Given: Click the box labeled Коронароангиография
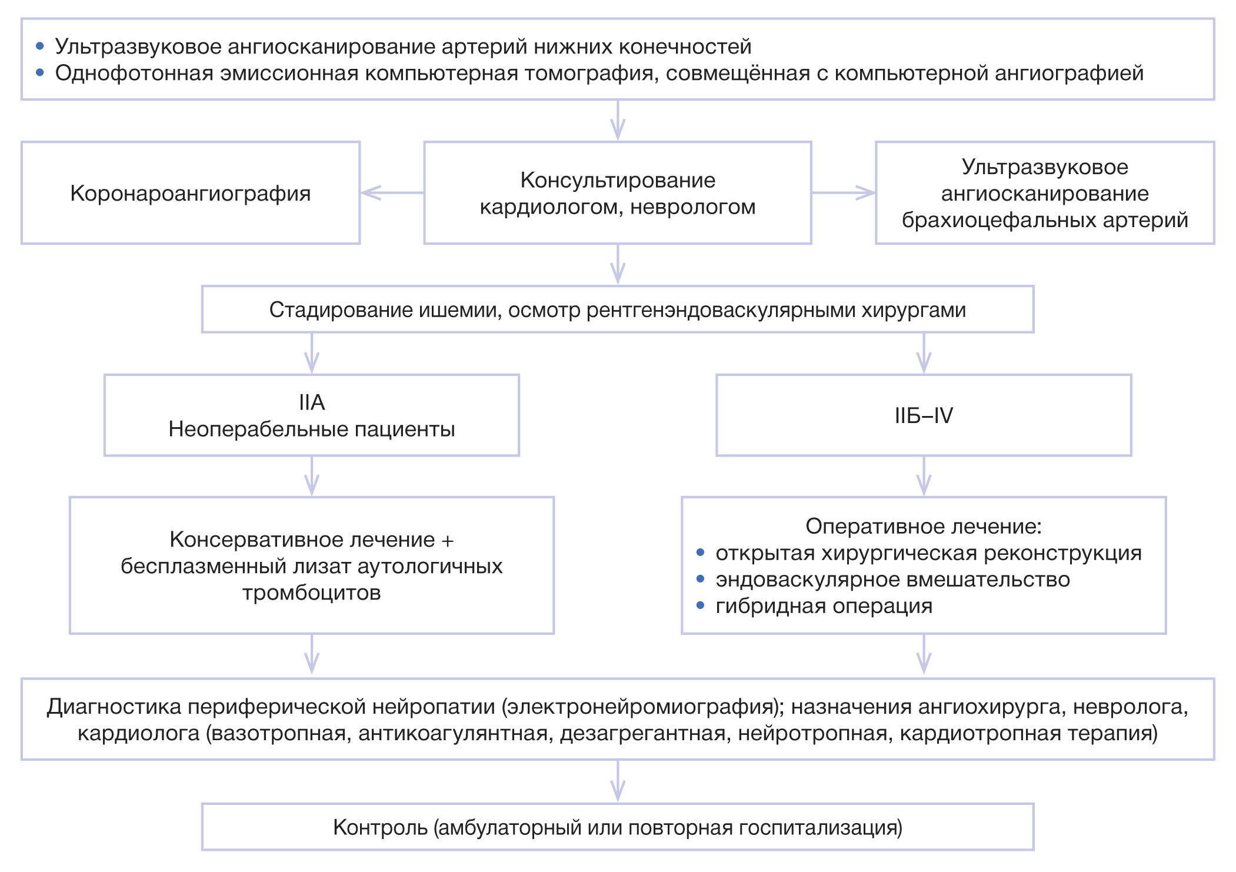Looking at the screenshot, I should click(190, 193).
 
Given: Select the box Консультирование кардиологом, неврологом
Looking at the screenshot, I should click(617, 193).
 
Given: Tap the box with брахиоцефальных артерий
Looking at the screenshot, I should click(1044, 193).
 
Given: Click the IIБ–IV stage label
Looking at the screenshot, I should click(923, 416).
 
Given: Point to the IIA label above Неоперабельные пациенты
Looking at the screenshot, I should click(311, 402).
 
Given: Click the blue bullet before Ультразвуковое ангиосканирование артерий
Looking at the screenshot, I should click(40, 46).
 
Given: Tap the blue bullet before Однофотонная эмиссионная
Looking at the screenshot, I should click(40, 73).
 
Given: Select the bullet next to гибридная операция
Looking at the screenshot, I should click(700, 605).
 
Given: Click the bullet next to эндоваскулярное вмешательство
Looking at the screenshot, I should click(700, 579).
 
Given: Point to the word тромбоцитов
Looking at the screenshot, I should click(311, 593).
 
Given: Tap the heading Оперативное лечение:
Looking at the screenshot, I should click(923, 526).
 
